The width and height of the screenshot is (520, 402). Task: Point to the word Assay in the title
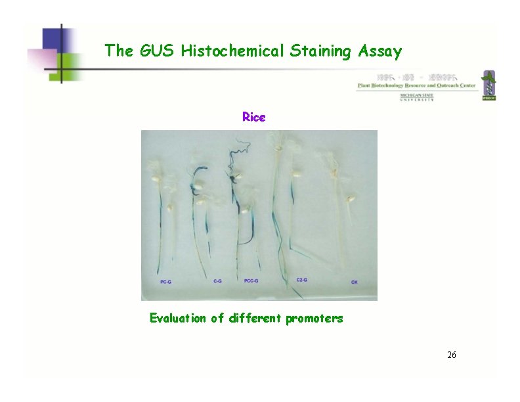pos(379,51)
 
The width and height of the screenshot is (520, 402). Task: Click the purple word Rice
pos(253,117)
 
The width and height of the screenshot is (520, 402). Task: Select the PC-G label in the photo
pos(166,281)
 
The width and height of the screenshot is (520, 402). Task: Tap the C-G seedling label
pos(218,280)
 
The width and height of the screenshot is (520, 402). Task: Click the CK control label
pos(355,282)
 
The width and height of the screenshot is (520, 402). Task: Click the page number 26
pos(451,355)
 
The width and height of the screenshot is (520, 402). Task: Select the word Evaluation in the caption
pos(178,319)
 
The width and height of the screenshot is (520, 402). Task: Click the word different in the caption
pos(255,319)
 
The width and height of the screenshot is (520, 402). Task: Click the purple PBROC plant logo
pos(488,85)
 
